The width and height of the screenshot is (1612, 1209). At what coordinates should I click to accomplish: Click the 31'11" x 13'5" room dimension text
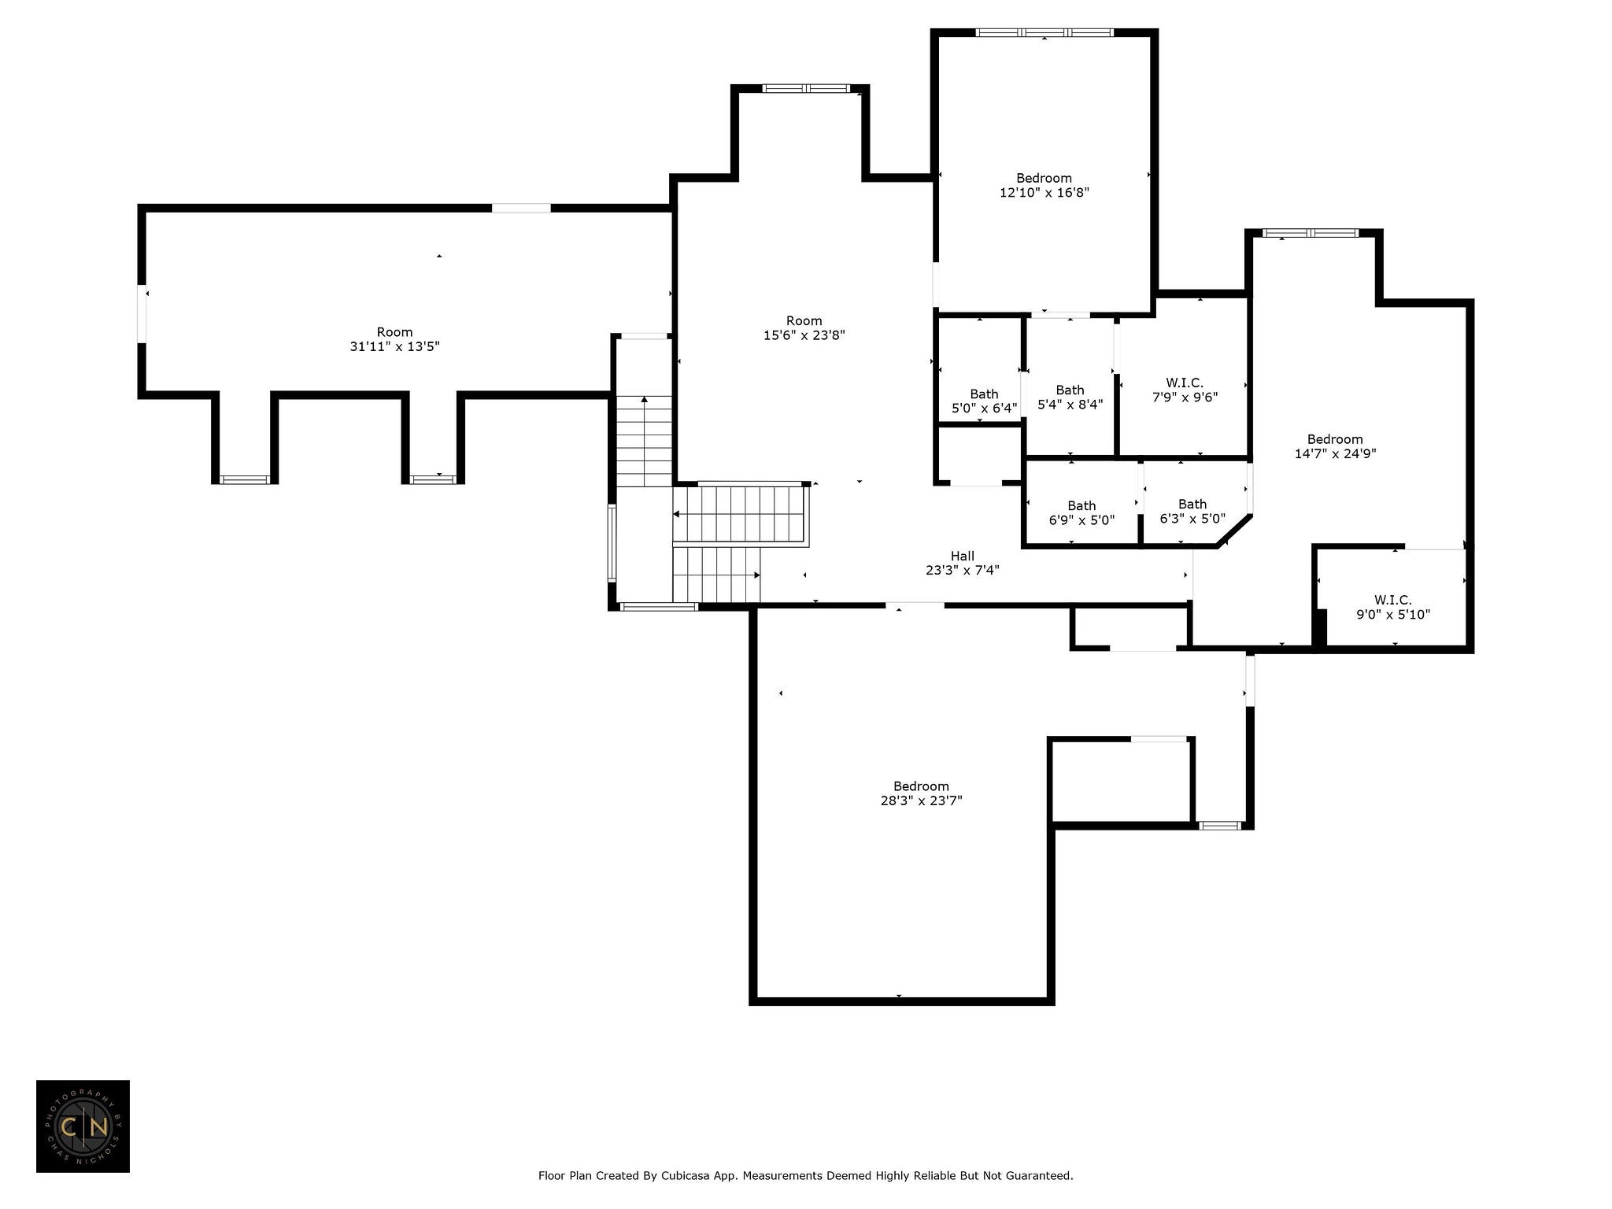394,346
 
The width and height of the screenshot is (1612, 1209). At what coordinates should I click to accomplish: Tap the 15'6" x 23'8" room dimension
804,335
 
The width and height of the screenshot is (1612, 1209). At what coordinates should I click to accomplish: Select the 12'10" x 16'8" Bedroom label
1044,185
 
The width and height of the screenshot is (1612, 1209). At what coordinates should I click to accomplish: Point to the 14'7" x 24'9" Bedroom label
1335,446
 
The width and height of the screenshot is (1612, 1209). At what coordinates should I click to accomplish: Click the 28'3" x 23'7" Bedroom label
921,793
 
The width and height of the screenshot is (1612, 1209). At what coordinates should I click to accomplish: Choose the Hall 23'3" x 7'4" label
963,563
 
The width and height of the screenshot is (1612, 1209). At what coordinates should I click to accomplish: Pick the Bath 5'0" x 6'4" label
984,401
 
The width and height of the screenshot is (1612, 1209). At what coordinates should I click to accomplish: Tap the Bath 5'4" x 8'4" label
1070,397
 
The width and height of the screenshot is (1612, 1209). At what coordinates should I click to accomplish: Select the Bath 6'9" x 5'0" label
1081,512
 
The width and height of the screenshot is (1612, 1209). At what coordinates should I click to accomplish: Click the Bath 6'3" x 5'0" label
1192,511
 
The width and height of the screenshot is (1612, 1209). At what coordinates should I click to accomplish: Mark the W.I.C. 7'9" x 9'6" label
1185,390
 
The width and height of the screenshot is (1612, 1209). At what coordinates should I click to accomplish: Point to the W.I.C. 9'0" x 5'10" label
1393,607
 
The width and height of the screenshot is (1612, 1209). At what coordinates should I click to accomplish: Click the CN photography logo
83,1126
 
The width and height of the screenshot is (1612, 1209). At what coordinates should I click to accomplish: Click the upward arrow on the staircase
645,442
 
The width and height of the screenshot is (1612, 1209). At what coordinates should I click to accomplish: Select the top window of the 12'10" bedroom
1044,33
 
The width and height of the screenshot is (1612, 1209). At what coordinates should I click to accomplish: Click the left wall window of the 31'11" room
142,314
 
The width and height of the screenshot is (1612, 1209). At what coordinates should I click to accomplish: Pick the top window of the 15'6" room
807,88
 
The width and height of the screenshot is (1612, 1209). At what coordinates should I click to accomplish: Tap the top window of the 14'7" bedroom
1311,233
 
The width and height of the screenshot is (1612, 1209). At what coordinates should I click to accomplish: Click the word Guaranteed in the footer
1041,1176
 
